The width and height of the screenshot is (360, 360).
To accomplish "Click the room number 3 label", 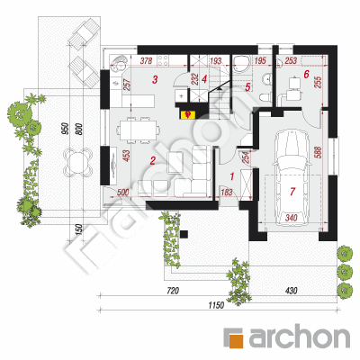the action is click(x=155, y=80).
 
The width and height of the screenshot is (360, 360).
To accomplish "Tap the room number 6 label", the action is click(x=306, y=74).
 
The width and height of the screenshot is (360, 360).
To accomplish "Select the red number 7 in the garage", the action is click(x=292, y=192).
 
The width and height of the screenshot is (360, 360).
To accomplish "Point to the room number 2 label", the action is click(x=153, y=161).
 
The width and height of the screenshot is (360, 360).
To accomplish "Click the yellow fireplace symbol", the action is click(x=188, y=114).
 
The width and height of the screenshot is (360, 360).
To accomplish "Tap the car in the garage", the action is click(x=292, y=177).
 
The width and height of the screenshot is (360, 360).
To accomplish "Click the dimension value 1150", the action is click(x=216, y=305).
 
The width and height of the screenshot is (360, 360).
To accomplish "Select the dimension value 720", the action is click(x=173, y=291).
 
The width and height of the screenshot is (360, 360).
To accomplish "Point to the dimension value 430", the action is click(x=291, y=291).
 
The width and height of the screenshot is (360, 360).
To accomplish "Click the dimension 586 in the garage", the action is click(x=319, y=152).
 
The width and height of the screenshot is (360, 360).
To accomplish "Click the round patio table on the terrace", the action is click(x=77, y=163).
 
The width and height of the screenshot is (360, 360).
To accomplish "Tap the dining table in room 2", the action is click(x=139, y=130).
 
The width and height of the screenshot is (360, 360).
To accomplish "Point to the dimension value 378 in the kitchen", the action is click(x=147, y=61).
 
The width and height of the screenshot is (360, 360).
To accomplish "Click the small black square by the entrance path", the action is click(x=184, y=234).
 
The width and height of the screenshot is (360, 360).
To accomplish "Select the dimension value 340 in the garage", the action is click(x=291, y=218).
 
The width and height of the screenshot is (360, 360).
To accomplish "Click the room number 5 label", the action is click(x=247, y=87).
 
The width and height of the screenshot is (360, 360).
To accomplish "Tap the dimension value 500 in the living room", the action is click(x=122, y=193).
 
